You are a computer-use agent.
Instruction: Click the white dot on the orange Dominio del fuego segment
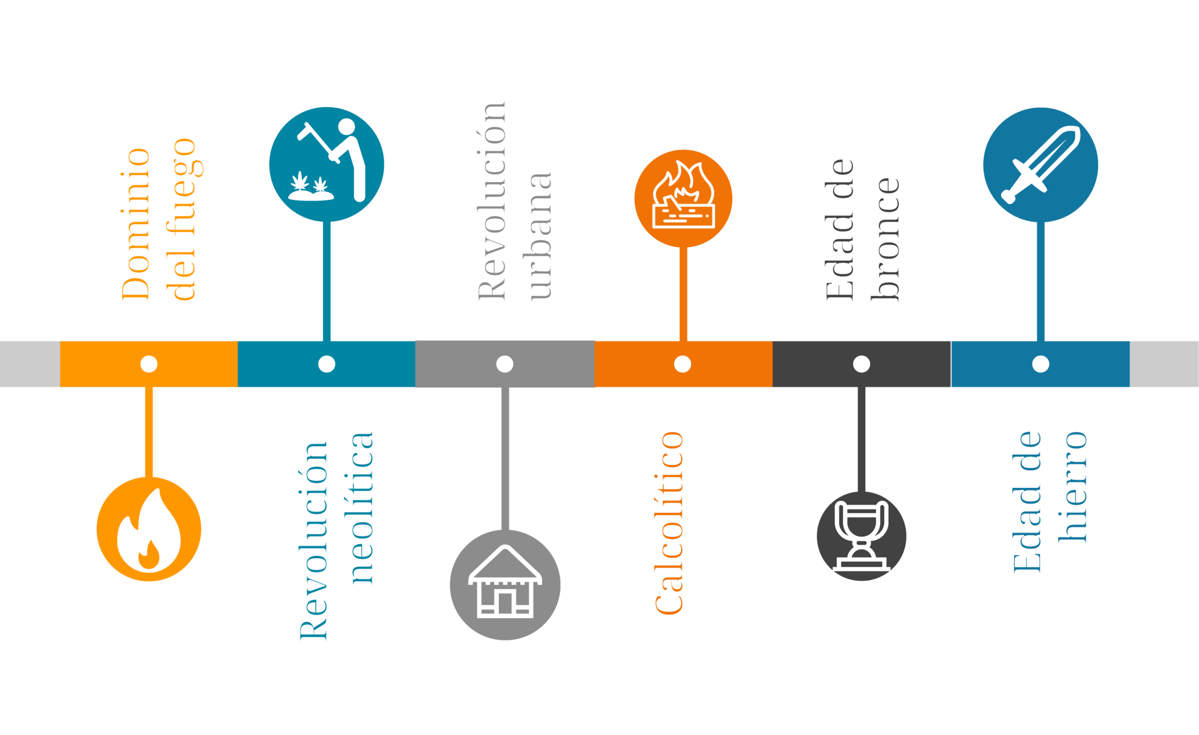pyautogui.click(x=149, y=364)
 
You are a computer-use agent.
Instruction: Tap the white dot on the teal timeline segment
pyautogui.click(x=327, y=364)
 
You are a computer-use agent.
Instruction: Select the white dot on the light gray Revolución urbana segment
pyautogui.click(x=505, y=364)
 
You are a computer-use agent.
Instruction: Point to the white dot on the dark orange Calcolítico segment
pyautogui.click(x=682, y=364)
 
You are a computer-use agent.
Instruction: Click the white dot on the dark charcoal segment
pyautogui.click(x=861, y=364)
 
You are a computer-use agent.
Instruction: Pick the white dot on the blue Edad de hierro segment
pyautogui.click(x=1041, y=364)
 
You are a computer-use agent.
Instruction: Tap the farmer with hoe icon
pyautogui.click(x=327, y=164)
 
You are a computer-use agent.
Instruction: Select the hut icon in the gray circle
pyautogui.click(x=505, y=584)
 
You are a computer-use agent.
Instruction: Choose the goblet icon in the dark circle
pyautogui.click(x=861, y=536)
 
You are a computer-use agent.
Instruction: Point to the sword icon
pyautogui.click(x=1041, y=164)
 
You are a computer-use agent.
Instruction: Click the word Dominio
pyautogui.click(x=136, y=224)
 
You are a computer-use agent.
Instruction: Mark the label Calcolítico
pyautogui.click(x=669, y=523)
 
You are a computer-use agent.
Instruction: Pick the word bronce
pyautogui.click(x=885, y=240)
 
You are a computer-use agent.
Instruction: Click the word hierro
pyautogui.click(x=1072, y=487)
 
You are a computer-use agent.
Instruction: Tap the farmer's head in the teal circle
pyautogui.click(x=346, y=126)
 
